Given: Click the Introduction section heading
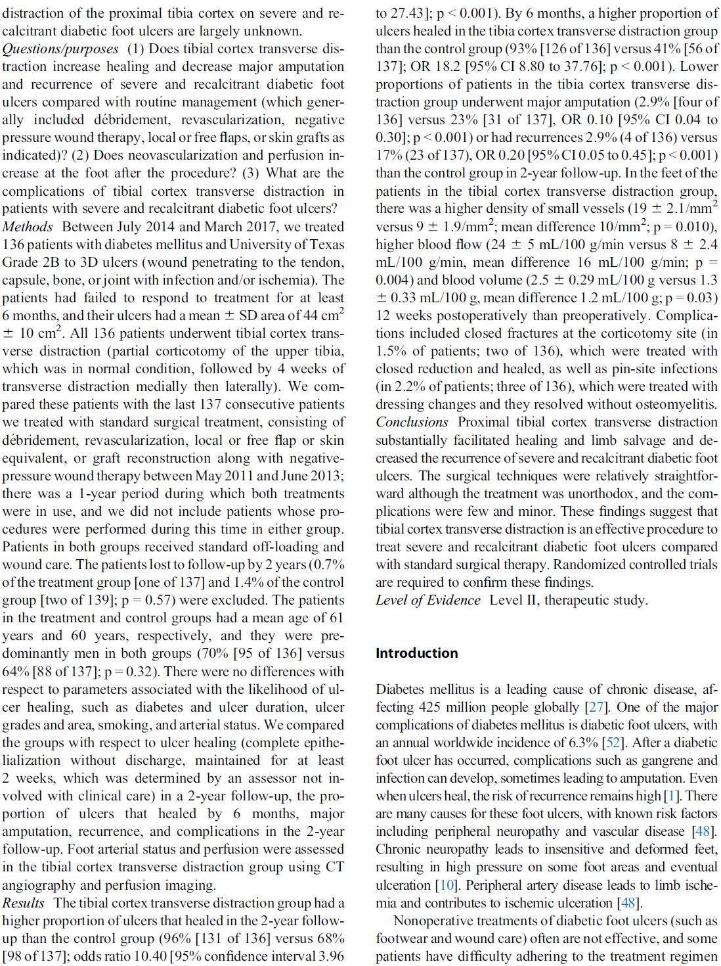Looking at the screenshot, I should [417, 653].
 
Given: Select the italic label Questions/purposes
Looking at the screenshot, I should [60, 49].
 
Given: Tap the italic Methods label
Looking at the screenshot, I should [28, 227].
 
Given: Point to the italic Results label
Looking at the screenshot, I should [24, 903].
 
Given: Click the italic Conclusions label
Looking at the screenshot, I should [412, 422].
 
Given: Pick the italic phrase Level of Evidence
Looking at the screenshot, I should [428, 600].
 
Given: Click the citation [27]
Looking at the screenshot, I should [597, 707].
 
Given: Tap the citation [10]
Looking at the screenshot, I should [447, 885].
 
